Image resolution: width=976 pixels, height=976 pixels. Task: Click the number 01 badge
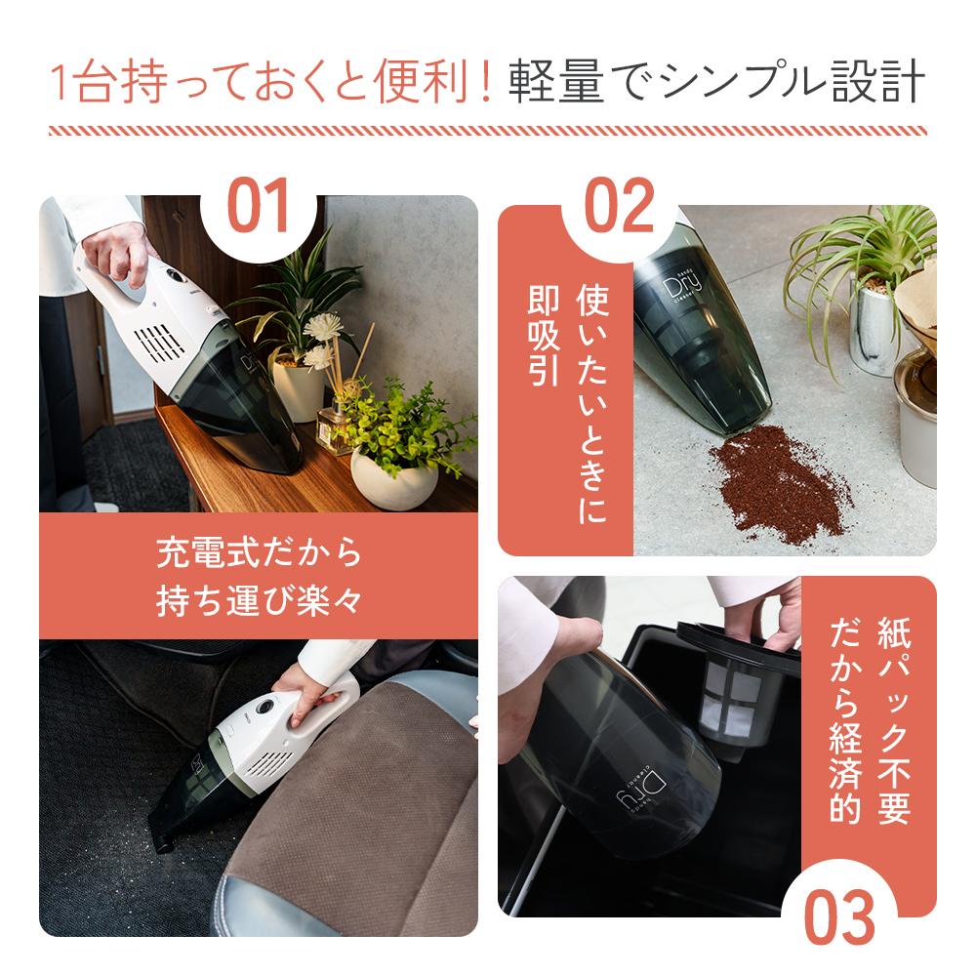[259, 207]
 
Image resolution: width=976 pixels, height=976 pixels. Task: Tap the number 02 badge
[620, 207]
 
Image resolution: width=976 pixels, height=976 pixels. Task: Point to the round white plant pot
[393, 475]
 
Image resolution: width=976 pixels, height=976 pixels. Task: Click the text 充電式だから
[259, 553]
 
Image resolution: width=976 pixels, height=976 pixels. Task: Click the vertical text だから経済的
[845, 718]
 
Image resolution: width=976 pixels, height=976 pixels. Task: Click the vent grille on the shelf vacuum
[159, 343]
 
